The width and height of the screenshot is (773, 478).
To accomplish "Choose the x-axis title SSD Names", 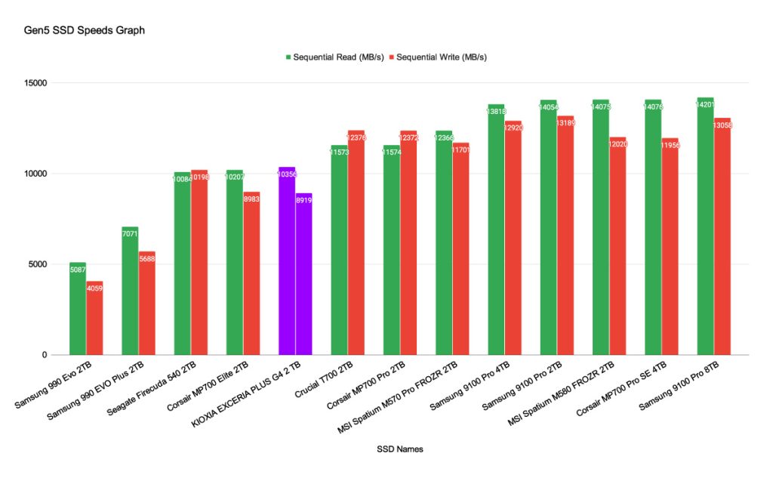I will coord(399,449).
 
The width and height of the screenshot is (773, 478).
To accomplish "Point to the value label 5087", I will coord(78,270).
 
